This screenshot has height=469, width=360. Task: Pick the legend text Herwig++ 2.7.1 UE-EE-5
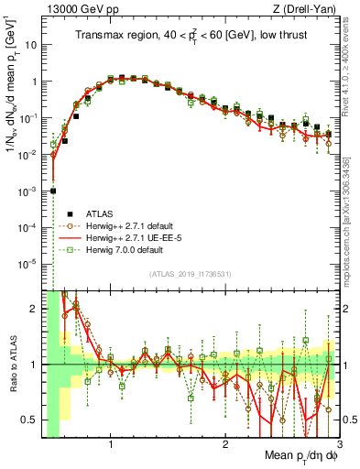coord(120,235)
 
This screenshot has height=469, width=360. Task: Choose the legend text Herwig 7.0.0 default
coord(114,249)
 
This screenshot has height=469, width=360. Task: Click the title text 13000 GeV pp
coord(71,8)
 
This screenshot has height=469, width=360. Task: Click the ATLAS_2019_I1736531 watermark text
coord(191,273)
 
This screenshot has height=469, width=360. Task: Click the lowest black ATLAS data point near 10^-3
coord(53,191)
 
